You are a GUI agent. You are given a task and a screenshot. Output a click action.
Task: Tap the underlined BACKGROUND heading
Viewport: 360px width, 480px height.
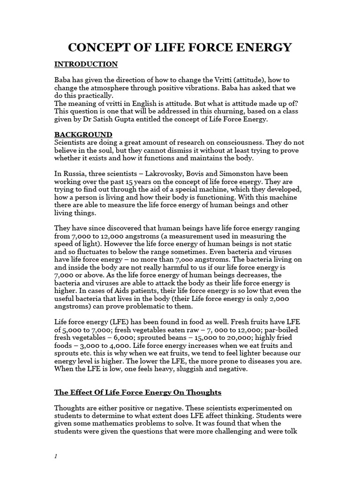pos(83,135)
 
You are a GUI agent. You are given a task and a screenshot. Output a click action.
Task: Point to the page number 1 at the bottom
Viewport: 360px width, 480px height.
pos(56,457)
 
